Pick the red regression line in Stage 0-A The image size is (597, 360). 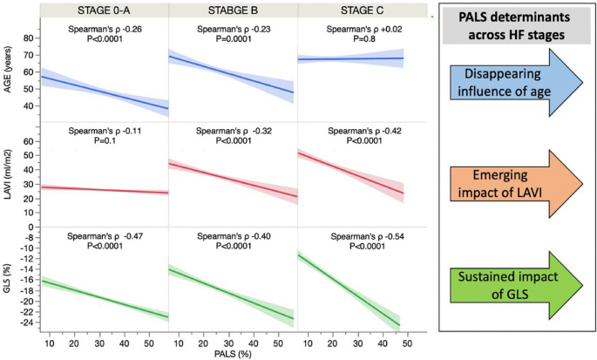coord(105,189)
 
